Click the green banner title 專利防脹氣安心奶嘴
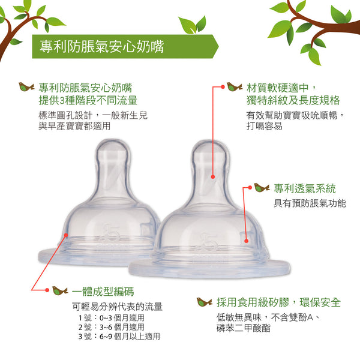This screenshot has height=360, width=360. pyautogui.click(x=102, y=47)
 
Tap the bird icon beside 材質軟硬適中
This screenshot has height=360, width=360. pyautogui.click(x=235, y=87)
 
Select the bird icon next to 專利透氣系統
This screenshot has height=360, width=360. pyautogui.click(x=262, y=188)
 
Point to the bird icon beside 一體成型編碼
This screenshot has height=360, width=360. pyautogui.click(x=60, y=290)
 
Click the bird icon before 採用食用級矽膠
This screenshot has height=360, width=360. pyautogui.click(x=205, y=302)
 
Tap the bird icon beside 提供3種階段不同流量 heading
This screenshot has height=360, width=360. pyautogui.click(x=26, y=87)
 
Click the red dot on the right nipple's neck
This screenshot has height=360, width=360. pyautogui.click(x=213, y=177)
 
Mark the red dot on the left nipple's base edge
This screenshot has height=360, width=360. pyautogui.click(x=66, y=235)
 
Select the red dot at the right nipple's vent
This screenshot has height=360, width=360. pyautogui.click(x=247, y=241)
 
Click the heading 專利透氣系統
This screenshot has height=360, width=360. pyautogui.click(x=305, y=188)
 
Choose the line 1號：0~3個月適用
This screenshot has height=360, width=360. pyautogui.click(x=112, y=318)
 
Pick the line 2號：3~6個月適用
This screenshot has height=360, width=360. pyautogui.click(x=112, y=327)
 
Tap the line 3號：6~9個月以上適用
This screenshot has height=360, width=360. pyautogui.click(x=119, y=337)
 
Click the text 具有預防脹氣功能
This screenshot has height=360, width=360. pyautogui.click(x=310, y=203)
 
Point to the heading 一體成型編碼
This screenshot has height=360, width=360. pyautogui.click(x=103, y=292)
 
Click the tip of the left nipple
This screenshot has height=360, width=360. pyautogui.click(x=112, y=140)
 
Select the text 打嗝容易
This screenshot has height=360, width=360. pyautogui.click(x=264, y=126)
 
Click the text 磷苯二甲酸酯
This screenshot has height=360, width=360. pyautogui.click(x=244, y=328)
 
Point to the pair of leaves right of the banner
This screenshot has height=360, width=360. pyautogui.click(x=193, y=25)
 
